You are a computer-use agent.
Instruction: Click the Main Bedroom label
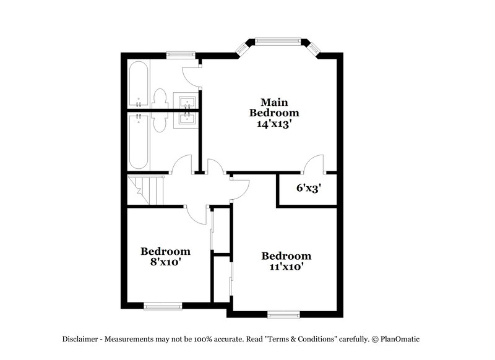coord(274,107)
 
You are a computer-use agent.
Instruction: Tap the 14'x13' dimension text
coord(274,123)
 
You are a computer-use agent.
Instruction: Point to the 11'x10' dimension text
coord(285,267)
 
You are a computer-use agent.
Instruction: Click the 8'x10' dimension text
coord(165,262)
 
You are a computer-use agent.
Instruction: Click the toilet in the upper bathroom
coord(160,99)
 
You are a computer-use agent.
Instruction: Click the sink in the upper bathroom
coord(186,101)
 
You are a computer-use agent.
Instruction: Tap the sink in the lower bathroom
coord(186,118)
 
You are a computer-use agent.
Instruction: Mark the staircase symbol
coord(147,190)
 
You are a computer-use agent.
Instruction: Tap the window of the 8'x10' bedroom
coord(163,304)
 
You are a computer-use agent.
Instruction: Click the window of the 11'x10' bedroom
coord(285,314)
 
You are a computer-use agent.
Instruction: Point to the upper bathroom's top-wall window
coord(180,55)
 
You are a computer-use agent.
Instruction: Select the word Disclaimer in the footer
coord(81,340)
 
